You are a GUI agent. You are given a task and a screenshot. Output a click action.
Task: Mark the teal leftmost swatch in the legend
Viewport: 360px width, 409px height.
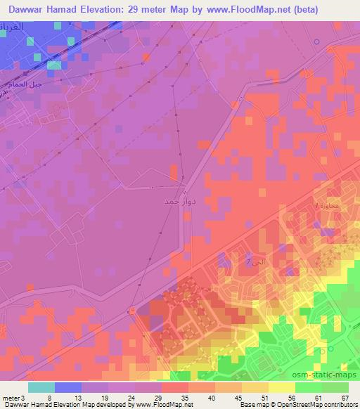pos(41,387)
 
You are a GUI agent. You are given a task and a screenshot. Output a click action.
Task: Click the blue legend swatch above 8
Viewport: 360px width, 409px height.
pos(67,387)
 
